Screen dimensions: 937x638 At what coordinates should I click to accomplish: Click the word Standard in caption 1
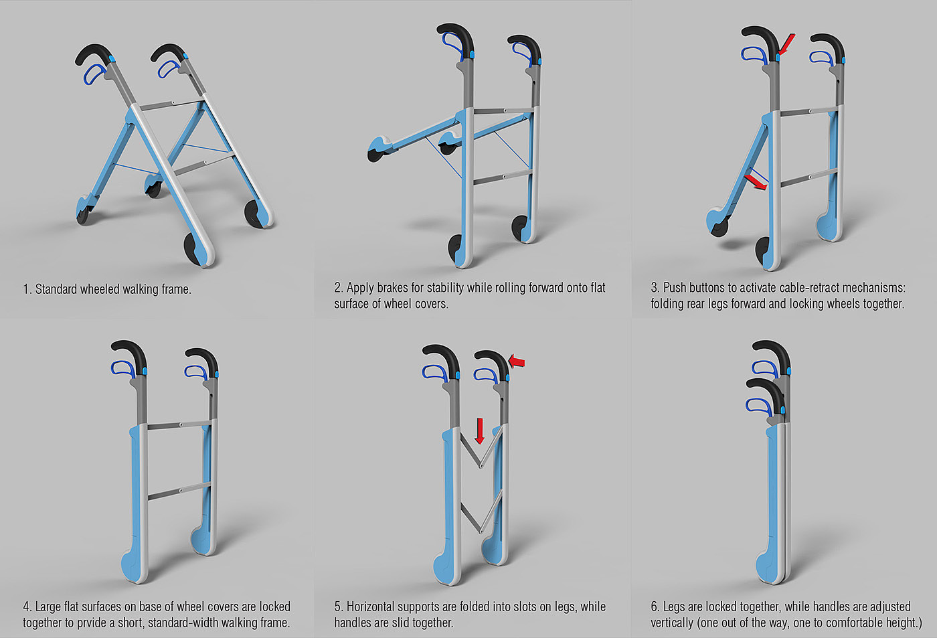(56, 289)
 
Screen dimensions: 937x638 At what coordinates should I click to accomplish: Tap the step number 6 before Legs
(655, 607)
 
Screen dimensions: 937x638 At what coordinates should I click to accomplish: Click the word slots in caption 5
(531, 607)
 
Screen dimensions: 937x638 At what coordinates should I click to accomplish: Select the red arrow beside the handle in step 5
(516, 361)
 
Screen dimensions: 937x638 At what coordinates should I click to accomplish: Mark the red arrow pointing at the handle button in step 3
(786, 45)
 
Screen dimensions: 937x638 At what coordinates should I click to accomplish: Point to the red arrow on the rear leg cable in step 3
(756, 182)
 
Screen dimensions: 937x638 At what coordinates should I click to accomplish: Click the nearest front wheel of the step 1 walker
(193, 248)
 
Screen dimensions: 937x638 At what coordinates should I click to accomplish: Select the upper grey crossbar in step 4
(179, 425)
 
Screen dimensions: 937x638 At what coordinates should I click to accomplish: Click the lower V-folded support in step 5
(481, 515)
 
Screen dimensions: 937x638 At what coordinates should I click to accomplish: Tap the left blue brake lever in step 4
(122, 368)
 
